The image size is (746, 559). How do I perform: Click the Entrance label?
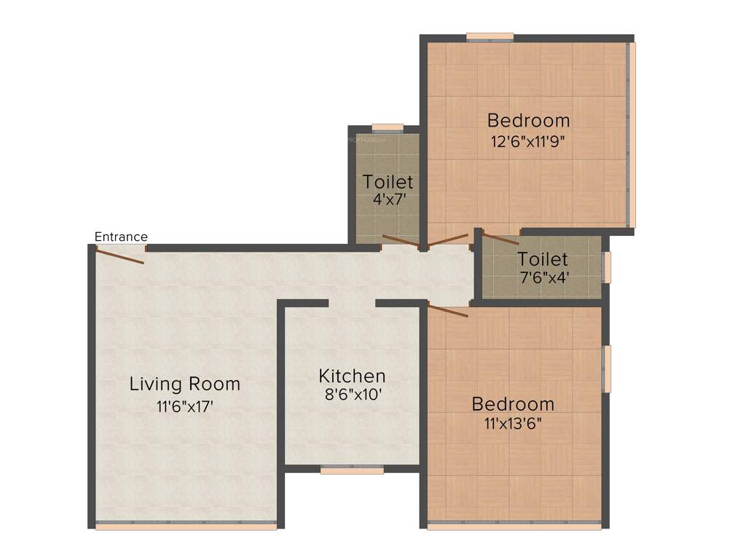121,237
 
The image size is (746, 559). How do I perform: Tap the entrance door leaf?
120,255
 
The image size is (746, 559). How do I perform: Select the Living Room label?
184,384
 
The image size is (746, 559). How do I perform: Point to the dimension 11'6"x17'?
184,407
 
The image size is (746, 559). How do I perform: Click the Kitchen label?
352,376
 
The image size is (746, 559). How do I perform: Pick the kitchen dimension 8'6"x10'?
352,396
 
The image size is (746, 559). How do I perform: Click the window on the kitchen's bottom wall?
352,470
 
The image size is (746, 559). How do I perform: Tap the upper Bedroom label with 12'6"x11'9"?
528,120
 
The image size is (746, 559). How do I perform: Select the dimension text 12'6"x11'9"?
528,141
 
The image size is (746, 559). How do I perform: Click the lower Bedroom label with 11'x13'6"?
513,404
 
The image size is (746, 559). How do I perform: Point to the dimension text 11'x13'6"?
513,423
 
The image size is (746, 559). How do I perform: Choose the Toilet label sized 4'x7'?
388,181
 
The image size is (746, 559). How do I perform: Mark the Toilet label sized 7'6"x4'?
542,259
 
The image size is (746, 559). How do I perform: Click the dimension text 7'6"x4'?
542,277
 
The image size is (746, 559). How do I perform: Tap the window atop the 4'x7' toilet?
388,128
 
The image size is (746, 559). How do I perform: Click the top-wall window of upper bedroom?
490,36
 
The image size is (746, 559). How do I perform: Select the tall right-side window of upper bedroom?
632,135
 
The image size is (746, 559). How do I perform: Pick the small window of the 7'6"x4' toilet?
606,266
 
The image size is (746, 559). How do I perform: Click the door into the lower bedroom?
447,312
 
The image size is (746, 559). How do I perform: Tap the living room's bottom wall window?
186,525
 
